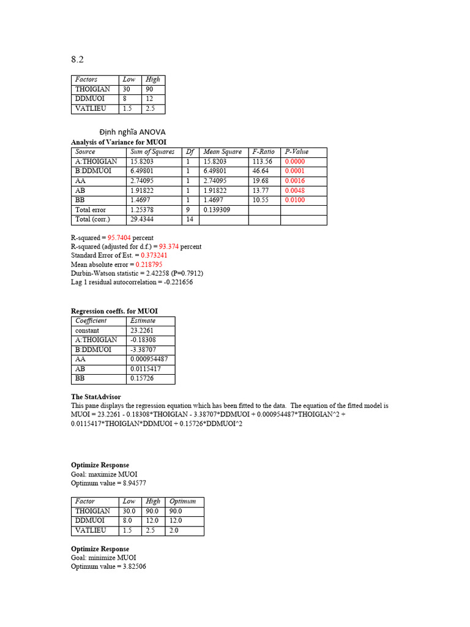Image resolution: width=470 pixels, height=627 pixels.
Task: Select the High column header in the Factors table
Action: point(152,80)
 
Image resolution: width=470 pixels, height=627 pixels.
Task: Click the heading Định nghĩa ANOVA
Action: point(132,132)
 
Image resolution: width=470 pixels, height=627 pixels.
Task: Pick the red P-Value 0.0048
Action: point(294,190)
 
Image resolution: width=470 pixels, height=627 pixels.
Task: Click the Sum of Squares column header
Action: point(152,152)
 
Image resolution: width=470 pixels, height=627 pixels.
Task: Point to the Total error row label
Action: point(91,209)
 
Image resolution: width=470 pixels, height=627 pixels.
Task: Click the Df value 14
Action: point(190,219)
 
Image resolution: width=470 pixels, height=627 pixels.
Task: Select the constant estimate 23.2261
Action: point(143,331)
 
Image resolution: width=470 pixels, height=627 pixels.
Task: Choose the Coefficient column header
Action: point(91,321)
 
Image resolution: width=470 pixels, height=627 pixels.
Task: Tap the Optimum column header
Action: point(182,501)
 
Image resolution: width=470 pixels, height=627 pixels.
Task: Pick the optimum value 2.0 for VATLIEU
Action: point(174,530)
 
